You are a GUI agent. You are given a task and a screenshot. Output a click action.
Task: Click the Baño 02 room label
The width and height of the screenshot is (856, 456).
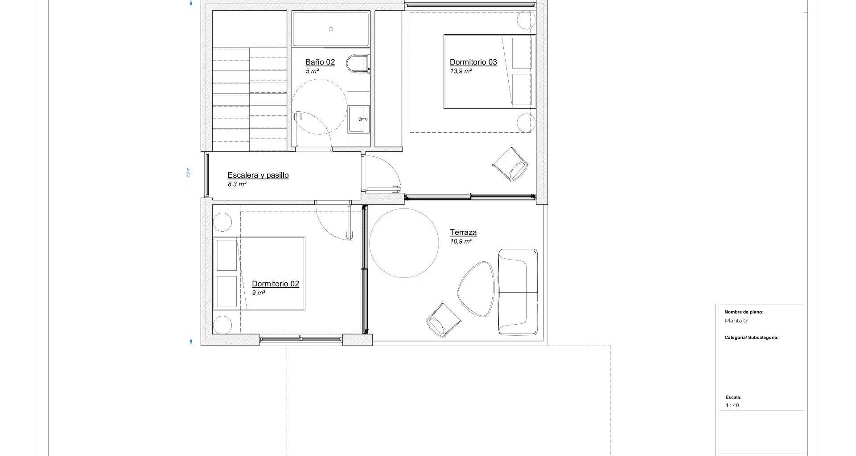320,62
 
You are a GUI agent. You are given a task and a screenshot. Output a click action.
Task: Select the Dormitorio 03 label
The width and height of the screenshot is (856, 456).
473,62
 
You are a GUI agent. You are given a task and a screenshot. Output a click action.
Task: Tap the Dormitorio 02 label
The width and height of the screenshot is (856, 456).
276,284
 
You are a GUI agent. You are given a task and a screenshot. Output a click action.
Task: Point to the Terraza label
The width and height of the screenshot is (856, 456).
463,232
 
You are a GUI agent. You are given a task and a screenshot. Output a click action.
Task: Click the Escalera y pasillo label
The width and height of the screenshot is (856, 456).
258,175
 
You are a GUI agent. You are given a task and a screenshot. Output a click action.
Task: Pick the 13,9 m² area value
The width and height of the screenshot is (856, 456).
461,71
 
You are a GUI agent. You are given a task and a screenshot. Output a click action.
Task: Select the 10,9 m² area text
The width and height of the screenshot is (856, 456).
461,241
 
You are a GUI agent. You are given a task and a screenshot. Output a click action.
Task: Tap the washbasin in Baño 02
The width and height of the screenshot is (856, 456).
359,119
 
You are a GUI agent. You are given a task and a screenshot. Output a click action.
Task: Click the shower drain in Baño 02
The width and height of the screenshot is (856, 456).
331,29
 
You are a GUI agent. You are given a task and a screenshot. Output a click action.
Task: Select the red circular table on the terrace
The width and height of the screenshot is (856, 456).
404,243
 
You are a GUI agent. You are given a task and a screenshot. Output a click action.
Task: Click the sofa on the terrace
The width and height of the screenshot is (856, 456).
518,292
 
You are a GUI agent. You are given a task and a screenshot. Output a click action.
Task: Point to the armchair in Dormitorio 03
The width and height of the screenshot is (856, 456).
511,163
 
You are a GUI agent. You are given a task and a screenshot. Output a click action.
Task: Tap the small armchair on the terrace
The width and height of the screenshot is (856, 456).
443,319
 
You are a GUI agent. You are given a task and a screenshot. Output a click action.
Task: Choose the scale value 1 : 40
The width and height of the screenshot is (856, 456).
732,406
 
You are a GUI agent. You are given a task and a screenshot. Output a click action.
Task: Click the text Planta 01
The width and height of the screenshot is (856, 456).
737,321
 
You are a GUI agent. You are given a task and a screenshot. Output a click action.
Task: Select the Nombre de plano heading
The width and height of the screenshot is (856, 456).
744,312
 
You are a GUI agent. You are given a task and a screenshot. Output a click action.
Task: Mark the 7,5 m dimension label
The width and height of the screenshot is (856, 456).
188,172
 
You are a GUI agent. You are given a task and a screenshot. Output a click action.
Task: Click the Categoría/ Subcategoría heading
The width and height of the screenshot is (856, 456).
752,338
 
